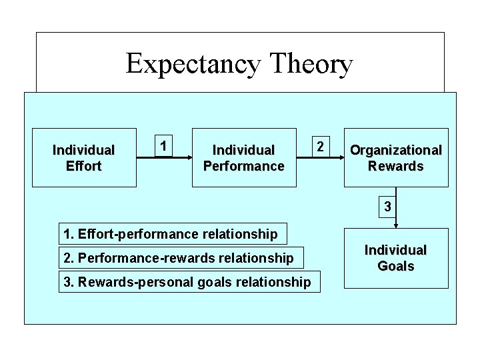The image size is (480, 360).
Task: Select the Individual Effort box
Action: coord(84,158)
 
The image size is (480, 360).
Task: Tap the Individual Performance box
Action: coord(244,158)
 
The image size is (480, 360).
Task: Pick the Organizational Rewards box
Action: coord(396,158)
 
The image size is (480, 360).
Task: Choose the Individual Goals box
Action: coord(396,258)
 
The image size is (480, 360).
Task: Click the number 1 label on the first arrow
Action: coord(162,145)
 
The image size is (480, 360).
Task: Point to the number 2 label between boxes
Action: coord(321,145)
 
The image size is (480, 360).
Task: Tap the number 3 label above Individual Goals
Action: coord(387,208)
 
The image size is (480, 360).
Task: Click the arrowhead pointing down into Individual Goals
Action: coord(396,225)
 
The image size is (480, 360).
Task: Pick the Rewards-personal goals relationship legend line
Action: coord(187,282)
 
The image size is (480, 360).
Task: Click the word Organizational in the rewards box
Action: coord(396,150)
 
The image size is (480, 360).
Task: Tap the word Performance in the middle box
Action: coord(244,166)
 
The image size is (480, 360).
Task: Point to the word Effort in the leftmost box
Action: coord(84,166)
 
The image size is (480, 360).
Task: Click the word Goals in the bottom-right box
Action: coord(396,267)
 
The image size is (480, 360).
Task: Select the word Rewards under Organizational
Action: coord(396,166)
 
